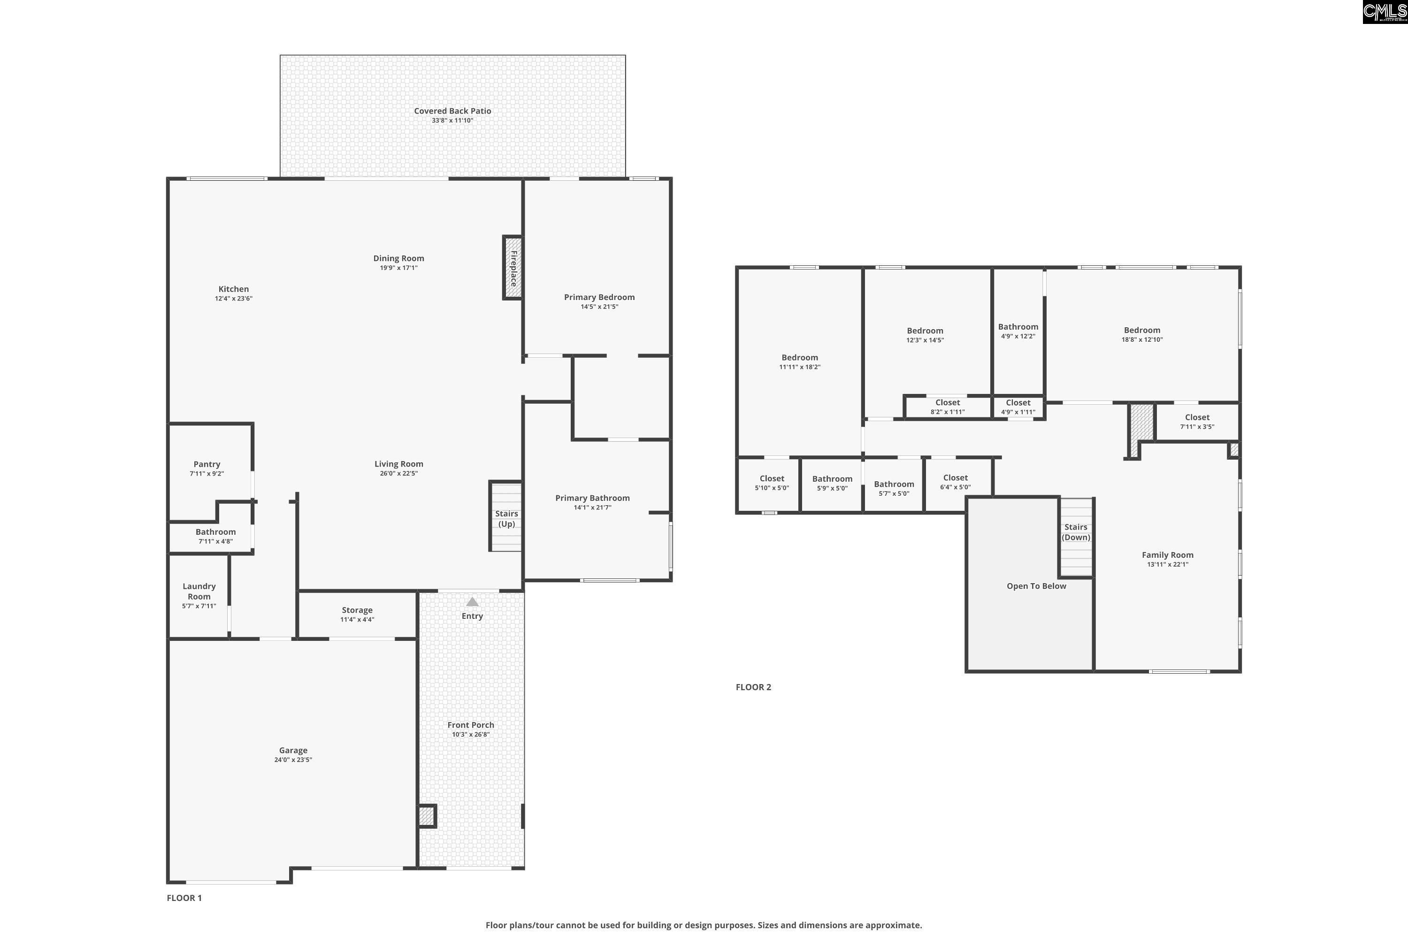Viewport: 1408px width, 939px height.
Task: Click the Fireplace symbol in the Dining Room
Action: point(513,268)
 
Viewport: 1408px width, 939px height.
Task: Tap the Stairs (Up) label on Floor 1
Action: point(506,519)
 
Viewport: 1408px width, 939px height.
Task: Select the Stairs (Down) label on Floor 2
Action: point(1076,532)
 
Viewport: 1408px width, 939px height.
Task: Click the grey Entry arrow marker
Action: point(472,602)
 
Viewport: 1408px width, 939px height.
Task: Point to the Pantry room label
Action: point(207,464)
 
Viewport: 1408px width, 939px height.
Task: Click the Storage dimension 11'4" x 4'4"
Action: point(357,620)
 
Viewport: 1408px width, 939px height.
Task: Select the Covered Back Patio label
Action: point(452,111)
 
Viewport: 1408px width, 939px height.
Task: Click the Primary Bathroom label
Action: point(592,498)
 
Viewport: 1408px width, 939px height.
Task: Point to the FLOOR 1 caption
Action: point(184,898)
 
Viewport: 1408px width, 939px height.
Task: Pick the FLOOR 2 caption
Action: point(753,687)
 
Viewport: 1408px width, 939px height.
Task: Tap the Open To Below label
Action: point(1036,585)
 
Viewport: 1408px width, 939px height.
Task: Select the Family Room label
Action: point(1167,554)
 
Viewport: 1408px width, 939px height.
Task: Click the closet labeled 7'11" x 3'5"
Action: point(1197,422)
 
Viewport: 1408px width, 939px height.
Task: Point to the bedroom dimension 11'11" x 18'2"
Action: point(800,367)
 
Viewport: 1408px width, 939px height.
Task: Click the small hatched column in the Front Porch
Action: point(426,816)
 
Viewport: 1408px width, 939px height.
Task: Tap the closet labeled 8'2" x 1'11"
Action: point(948,407)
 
